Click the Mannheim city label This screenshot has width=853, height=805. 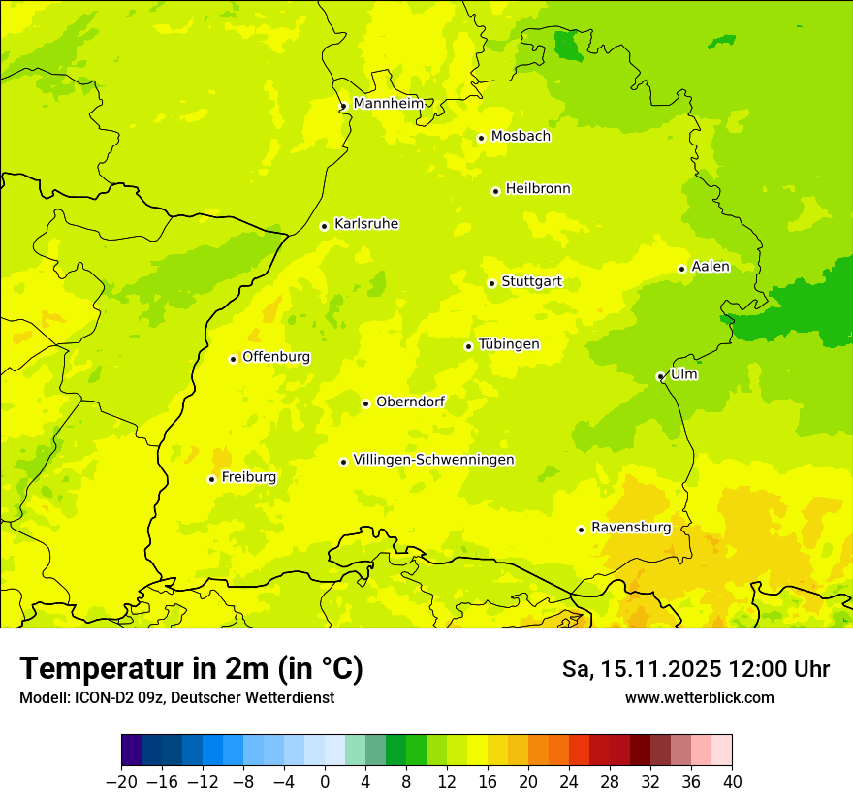coord(388,104)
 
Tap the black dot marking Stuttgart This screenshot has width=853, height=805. coord(491,283)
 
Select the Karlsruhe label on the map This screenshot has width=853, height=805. coord(365,224)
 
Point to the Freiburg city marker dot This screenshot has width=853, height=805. coord(211,479)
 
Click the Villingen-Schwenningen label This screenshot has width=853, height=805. coord(433,460)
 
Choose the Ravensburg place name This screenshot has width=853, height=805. coord(630,528)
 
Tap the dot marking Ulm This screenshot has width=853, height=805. coord(660,376)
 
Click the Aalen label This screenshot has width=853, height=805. coord(710,267)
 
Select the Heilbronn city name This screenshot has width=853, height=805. coord(538,189)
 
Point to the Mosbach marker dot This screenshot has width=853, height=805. coord(481,138)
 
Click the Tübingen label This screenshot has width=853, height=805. coord(509,344)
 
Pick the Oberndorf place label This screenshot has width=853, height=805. coord(410,402)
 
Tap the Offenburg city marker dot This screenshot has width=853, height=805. coord(233,359)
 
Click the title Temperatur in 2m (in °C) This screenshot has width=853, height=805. coord(191,668)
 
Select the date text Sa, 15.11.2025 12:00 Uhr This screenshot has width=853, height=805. coord(695,669)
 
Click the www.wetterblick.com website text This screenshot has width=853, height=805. coord(699,697)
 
